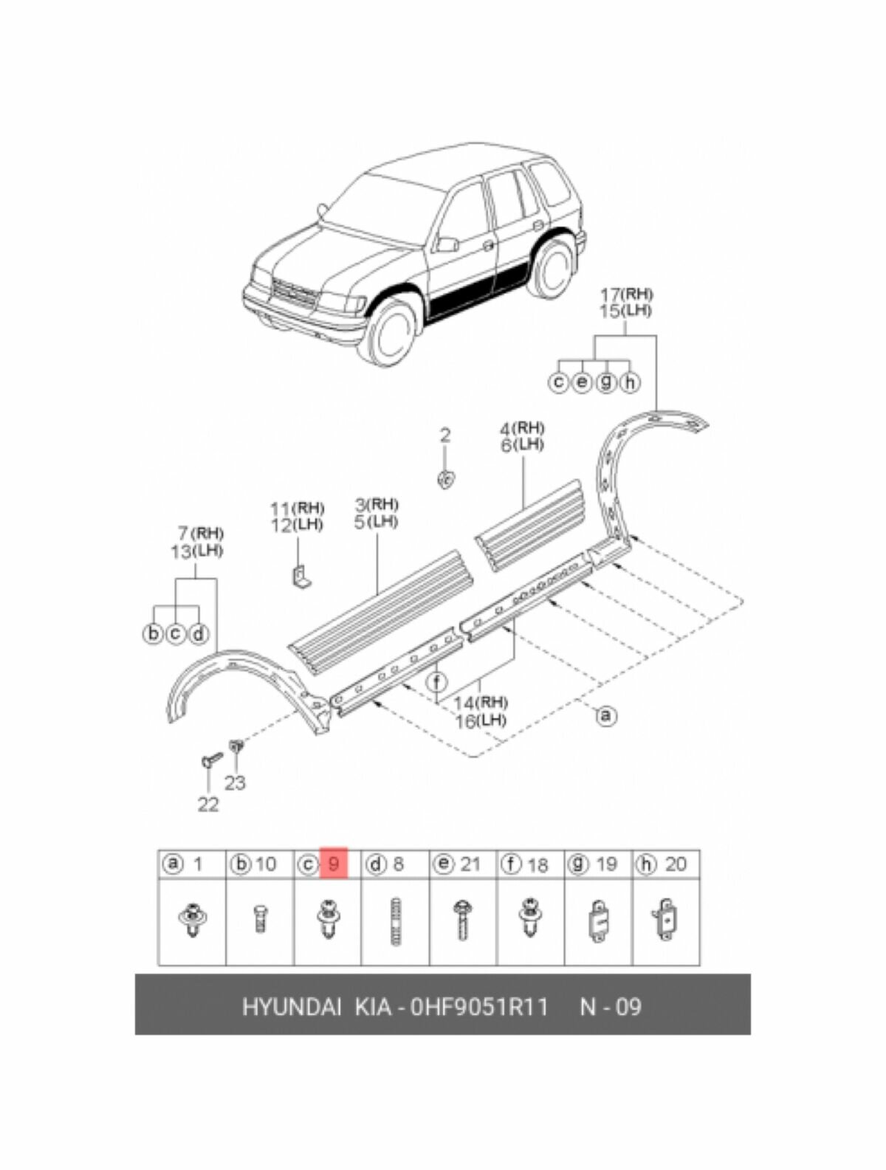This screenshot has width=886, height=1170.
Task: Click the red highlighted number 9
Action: point(334,863)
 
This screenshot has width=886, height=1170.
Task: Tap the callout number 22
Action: point(208,804)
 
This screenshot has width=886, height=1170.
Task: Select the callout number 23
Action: point(235,782)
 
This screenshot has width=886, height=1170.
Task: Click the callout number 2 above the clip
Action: point(444,436)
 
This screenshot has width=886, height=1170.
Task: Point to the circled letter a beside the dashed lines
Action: point(605,715)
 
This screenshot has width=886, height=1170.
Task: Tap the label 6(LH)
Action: point(521,445)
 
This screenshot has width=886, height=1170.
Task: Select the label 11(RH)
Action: point(297,508)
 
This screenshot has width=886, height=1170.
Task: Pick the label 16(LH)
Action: point(481,720)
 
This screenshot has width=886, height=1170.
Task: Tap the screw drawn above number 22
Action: point(211,760)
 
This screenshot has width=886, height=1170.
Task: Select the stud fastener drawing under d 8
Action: point(395,920)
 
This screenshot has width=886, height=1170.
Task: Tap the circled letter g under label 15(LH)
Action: point(605,382)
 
